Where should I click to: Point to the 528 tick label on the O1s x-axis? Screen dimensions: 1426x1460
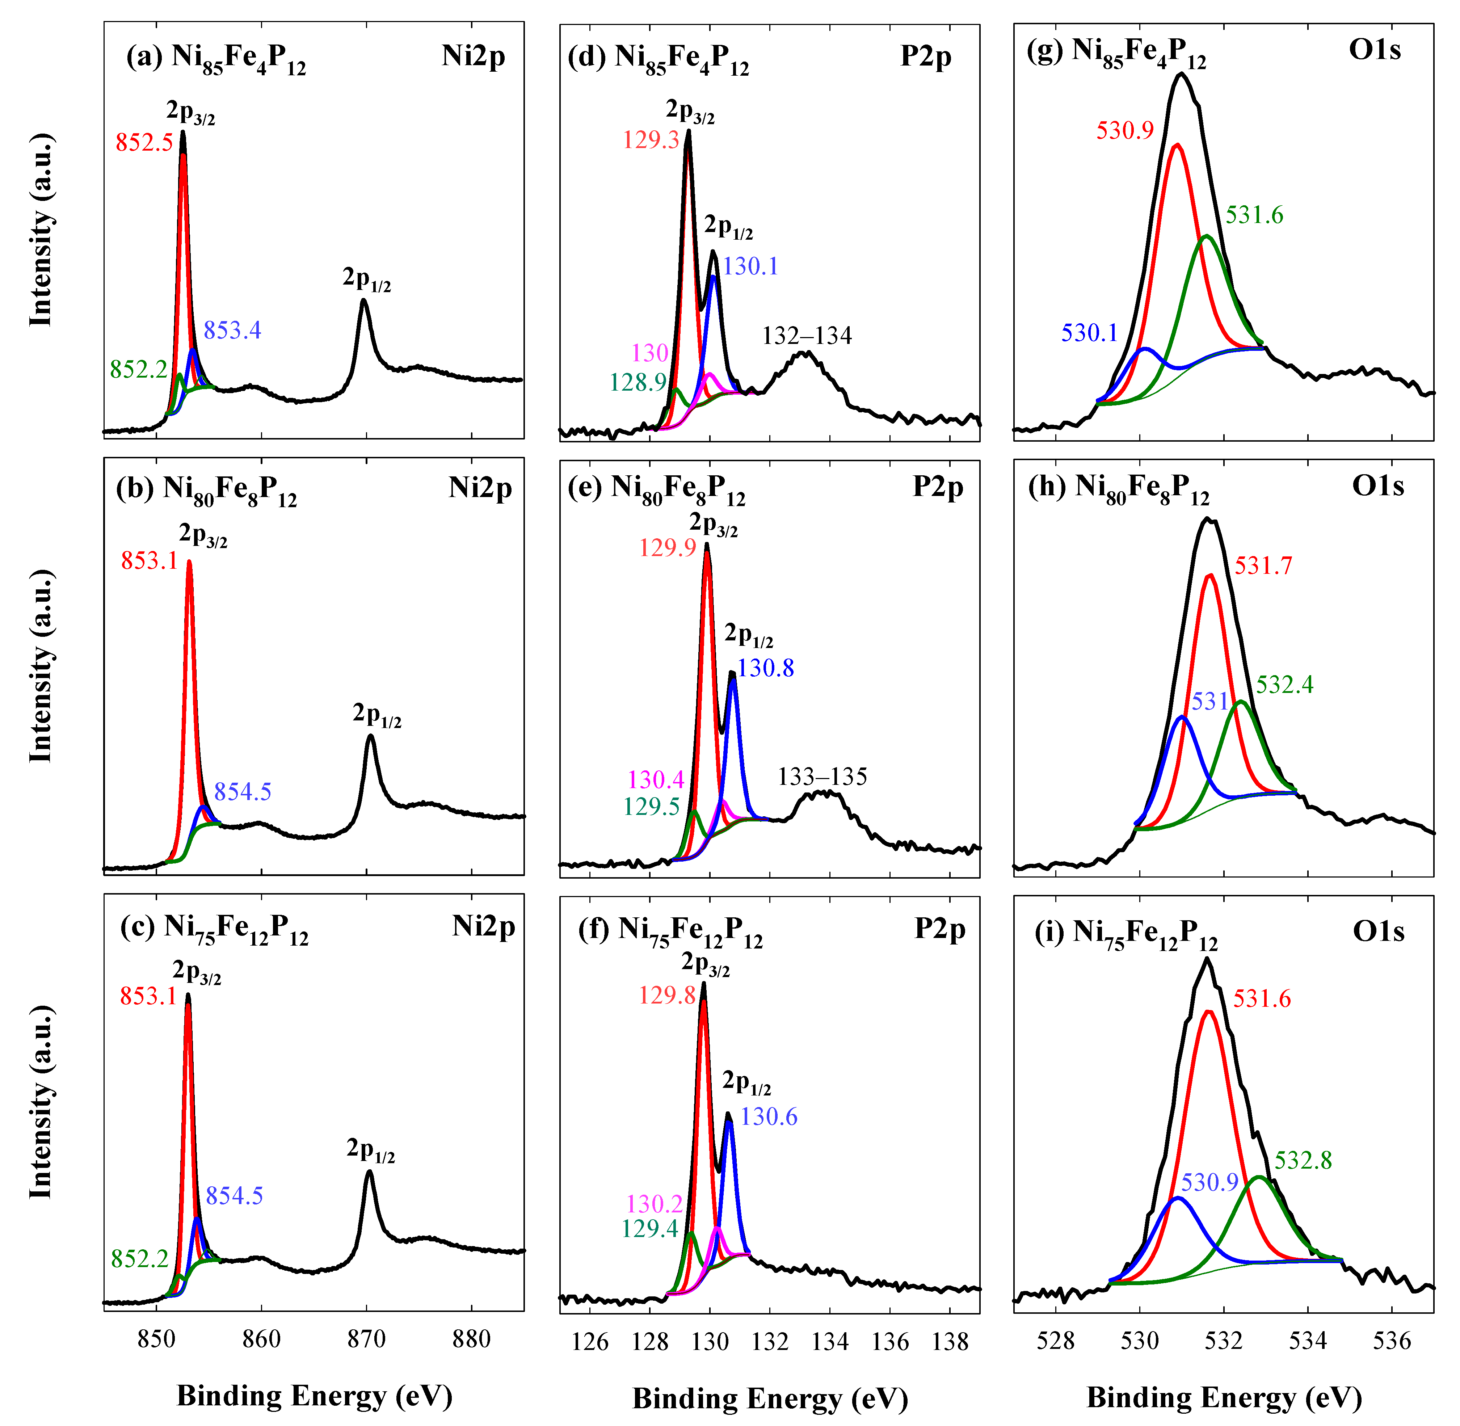point(1056,1341)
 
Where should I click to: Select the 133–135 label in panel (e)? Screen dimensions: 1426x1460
point(822,777)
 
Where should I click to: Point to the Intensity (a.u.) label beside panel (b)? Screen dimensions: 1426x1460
point(41,666)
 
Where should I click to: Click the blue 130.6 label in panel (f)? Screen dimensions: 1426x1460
point(769,1117)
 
